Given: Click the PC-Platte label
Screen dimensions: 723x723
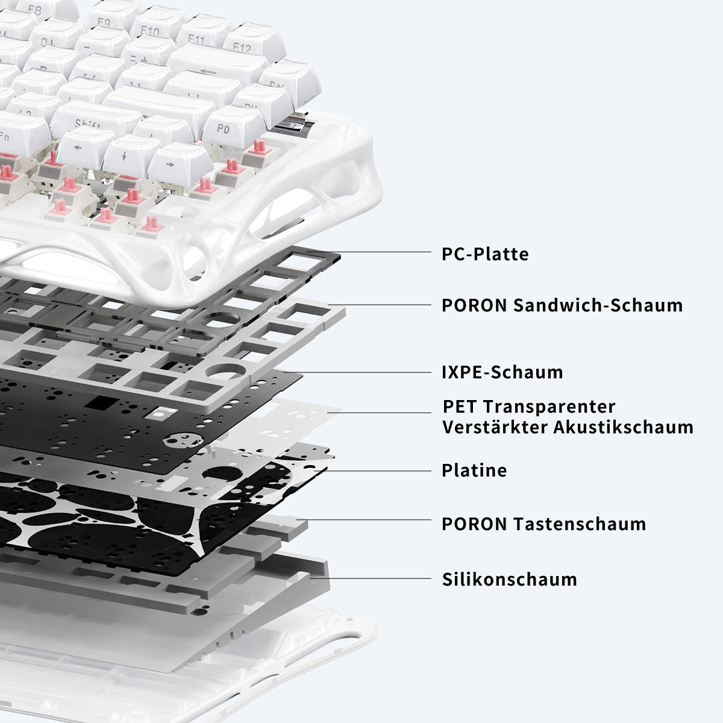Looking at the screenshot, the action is coord(485,254).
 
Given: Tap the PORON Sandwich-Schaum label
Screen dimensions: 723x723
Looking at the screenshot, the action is coord(562,305).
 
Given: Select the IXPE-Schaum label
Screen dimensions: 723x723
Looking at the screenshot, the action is coord(502,372).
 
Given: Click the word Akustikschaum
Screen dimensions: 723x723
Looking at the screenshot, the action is coord(623,427).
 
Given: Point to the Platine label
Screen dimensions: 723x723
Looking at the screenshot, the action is coord(474,470).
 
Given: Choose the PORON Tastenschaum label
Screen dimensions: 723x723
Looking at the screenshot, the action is coord(543,524).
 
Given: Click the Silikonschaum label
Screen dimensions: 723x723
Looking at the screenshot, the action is coord(509,579).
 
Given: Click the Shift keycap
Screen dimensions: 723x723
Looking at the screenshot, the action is coord(94,118).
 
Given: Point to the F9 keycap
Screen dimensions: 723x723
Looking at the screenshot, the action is coord(111,17).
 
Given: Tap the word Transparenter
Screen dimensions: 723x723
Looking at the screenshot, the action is coord(549,406).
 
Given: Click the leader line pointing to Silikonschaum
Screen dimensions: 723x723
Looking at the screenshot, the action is coord(370,578).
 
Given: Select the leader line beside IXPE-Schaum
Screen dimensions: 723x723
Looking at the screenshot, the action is coord(357,372).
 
